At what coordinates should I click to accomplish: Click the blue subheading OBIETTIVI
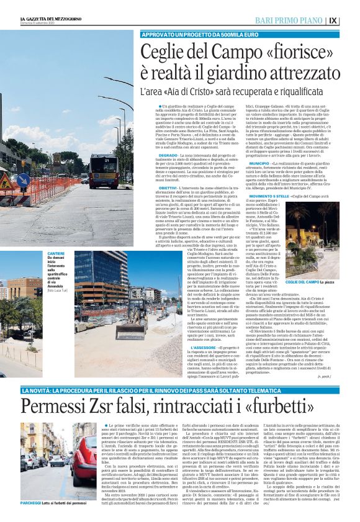[168, 187]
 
